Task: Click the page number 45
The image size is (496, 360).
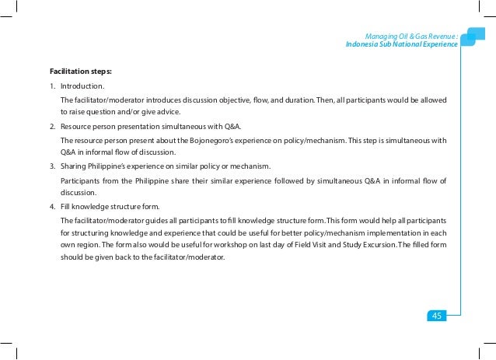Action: pos(436,315)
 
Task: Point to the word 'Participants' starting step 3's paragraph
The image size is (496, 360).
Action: pos(82,180)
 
